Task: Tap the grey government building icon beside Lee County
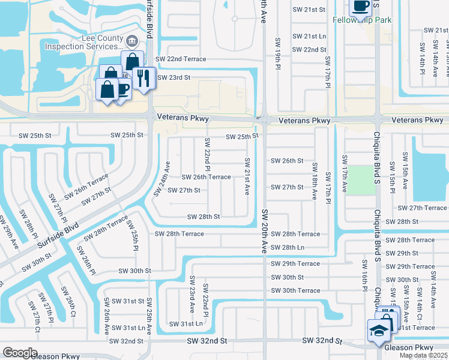[x=131, y=41]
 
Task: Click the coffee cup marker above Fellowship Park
[x=360, y=6]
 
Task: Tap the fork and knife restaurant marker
[x=143, y=78]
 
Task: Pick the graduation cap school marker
[x=379, y=331]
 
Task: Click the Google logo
[x=20, y=353]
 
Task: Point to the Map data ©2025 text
[x=423, y=355]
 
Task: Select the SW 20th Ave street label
[x=264, y=231]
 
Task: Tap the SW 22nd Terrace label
[x=181, y=59]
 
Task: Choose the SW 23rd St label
[x=173, y=78]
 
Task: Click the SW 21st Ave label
[x=247, y=176]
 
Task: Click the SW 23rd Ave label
[x=193, y=295]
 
